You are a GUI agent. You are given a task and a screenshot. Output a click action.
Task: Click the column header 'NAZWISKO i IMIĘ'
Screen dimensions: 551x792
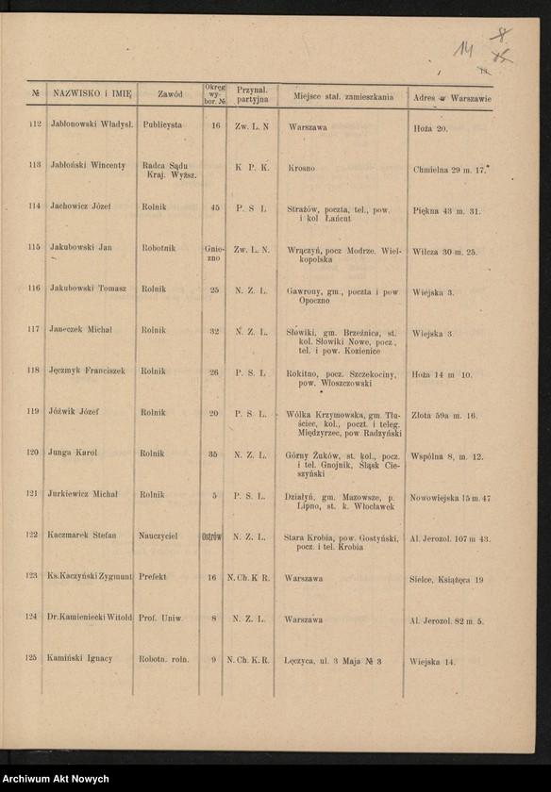point(92,94)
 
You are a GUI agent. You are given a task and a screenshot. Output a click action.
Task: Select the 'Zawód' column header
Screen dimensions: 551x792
point(170,94)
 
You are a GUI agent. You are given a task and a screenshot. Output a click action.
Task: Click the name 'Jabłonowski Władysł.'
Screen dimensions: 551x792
point(92,124)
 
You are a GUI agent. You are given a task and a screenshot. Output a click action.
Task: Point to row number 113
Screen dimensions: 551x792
point(34,165)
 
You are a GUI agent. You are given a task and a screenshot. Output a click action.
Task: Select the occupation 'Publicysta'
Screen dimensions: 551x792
point(162,124)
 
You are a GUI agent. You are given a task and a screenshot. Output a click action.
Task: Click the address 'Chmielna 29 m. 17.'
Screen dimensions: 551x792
point(449,170)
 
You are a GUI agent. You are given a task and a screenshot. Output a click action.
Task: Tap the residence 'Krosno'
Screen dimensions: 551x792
point(301,168)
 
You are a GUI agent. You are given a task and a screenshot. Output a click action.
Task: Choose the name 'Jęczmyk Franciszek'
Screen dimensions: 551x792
point(88,371)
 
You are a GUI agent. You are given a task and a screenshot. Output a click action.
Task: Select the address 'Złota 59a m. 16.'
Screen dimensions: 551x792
point(444,415)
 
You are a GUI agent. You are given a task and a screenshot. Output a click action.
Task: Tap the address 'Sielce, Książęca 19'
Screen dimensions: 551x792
point(447,580)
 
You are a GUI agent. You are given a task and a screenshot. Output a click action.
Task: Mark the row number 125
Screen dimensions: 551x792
point(31,658)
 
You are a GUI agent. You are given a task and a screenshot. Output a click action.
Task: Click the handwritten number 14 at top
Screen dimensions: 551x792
point(462,48)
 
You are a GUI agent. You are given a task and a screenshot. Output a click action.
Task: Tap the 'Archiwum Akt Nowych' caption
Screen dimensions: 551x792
point(55,780)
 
